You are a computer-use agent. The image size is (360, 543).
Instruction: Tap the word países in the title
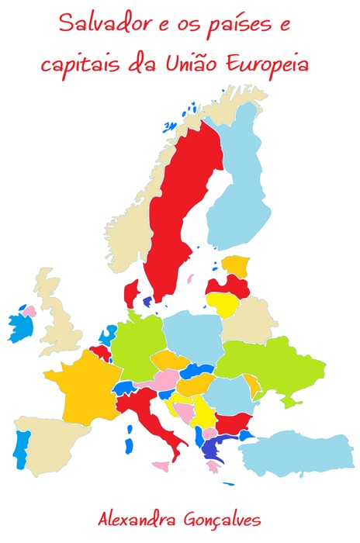point(225,26)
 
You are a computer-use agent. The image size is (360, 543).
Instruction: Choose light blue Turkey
point(303,454)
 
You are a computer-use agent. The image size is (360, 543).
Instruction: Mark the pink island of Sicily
point(161,467)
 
